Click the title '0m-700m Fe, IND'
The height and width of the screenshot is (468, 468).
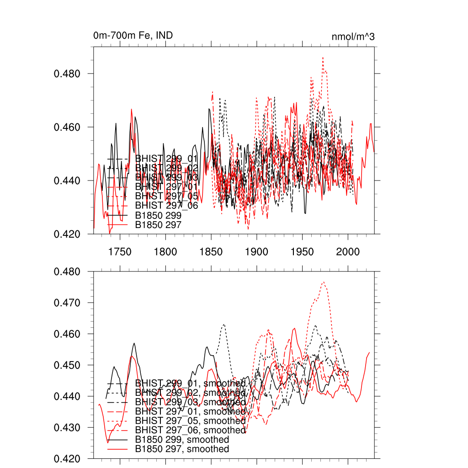point(133,36)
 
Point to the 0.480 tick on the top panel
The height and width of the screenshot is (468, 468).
point(68,74)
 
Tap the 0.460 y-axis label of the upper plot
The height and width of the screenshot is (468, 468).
point(68,127)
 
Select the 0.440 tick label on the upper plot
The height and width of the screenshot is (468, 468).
point(68,181)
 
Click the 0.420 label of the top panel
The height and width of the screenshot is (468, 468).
point(68,234)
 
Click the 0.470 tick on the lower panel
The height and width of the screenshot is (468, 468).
point(68,303)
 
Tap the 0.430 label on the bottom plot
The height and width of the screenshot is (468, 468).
point(68,428)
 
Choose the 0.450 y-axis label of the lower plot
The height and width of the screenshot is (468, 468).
point(68,365)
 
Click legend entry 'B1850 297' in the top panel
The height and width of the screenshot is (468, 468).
point(159,224)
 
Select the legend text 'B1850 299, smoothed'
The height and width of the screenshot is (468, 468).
point(182,440)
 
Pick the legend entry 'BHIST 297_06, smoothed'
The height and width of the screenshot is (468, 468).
point(190,430)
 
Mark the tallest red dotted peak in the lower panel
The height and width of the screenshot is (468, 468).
point(324,282)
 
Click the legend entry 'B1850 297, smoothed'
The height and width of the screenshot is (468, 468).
point(182,449)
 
